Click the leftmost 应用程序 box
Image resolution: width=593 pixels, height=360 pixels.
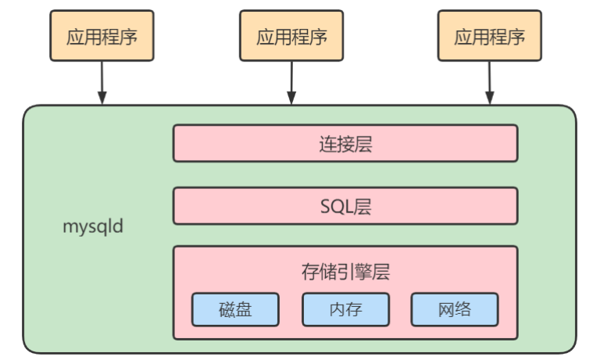pyautogui.click(x=102, y=36)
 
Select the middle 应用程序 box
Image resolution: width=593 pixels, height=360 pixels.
pyautogui.click(x=291, y=36)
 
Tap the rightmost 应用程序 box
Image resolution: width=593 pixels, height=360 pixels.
pyautogui.click(x=490, y=36)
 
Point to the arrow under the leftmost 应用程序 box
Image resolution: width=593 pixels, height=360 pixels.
pyautogui.click(x=102, y=83)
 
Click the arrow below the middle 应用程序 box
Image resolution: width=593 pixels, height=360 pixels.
pyautogui.click(x=291, y=83)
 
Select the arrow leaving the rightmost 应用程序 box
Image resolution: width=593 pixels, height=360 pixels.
pyautogui.click(x=490, y=83)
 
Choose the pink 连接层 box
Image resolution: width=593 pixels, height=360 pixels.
pyautogui.click(x=345, y=144)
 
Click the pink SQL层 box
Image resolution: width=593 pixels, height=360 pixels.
pyautogui.click(x=345, y=206)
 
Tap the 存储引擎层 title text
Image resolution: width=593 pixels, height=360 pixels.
pyautogui.click(x=345, y=272)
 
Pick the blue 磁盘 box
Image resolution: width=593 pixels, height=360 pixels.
pyautogui.click(x=235, y=309)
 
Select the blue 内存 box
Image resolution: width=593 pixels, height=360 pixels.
pyautogui.click(x=345, y=309)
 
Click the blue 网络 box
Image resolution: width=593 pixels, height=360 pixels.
pyautogui.click(x=455, y=309)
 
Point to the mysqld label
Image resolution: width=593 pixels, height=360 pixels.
pyautogui.click(x=93, y=226)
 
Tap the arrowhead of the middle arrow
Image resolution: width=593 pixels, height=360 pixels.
pyautogui.click(x=291, y=98)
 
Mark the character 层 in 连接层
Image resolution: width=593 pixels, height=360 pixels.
pyautogui.click(x=363, y=144)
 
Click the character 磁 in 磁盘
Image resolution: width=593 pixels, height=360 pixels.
pyautogui.click(x=227, y=310)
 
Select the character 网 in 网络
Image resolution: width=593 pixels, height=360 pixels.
pyautogui.click(x=446, y=310)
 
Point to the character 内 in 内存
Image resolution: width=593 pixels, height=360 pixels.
pyautogui.click(x=338, y=310)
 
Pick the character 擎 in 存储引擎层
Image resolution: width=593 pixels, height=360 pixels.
pyautogui.click(x=363, y=272)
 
